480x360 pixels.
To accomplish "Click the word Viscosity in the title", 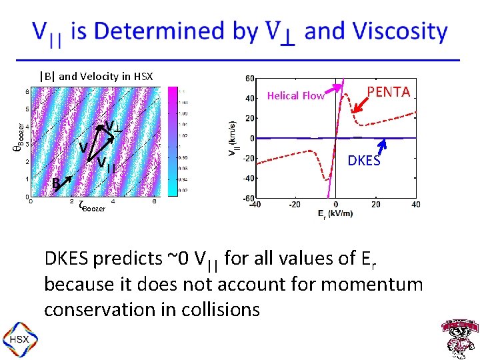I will [399, 32].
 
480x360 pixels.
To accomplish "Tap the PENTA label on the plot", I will [389, 92].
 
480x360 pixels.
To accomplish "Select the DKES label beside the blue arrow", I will [364, 161].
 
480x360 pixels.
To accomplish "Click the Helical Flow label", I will [295, 96].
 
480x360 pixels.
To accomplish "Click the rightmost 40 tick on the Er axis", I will [416, 205].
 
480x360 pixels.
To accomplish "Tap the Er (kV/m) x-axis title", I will [335, 215].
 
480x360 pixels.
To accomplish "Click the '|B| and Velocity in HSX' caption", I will [96, 76].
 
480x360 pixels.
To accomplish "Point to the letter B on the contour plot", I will [57, 183].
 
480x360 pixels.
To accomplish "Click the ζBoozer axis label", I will [91, 207].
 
